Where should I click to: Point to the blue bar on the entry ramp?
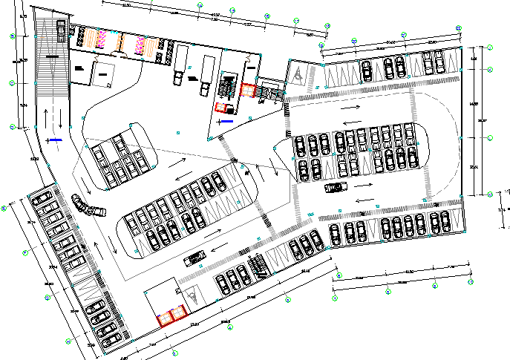pyautogui.click(x=56, y=139)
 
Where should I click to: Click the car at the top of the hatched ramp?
pyautogui.click(x=60, y=30)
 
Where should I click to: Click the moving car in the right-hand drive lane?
pyautogui.click(x=336, y=187)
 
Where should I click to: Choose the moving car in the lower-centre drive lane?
pyautogui.click(x=194, y=258)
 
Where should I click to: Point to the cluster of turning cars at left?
pyautogui.click(x=88, y=205)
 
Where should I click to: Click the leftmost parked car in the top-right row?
pyautogui.click(x=367, y=71)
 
